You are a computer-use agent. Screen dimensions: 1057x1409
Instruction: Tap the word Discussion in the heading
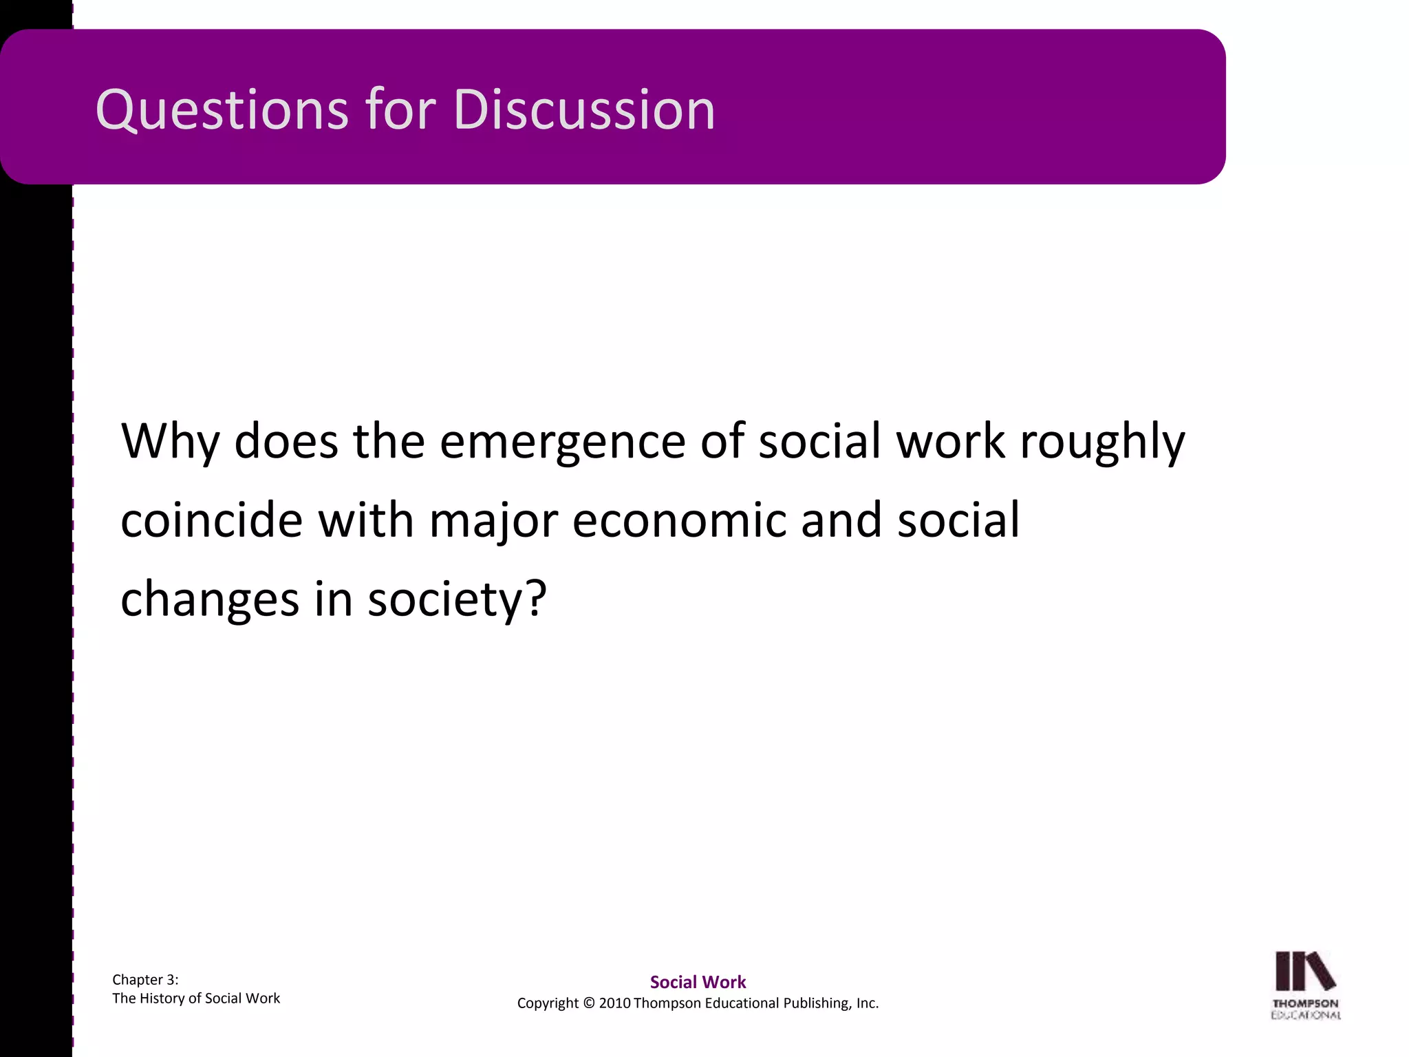pos(584,110)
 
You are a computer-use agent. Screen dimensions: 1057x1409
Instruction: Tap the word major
pos(493,520)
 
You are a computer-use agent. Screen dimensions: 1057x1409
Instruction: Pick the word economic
pos(678,520)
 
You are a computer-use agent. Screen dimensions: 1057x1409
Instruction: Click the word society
pos(443,599)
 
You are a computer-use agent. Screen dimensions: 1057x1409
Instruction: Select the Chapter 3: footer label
pos(145,980)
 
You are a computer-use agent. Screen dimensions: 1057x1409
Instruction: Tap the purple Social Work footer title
pos(698,982)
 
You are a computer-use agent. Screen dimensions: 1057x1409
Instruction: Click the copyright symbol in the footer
pos(588,1003)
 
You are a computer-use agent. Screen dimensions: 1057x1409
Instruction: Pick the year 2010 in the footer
pos(614,1003)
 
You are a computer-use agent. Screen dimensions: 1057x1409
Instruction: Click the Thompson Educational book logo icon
pos(1305,972)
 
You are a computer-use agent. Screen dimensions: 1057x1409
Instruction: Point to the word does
pos(286,442)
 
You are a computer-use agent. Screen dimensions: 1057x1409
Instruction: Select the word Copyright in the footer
pos(548,1003)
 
